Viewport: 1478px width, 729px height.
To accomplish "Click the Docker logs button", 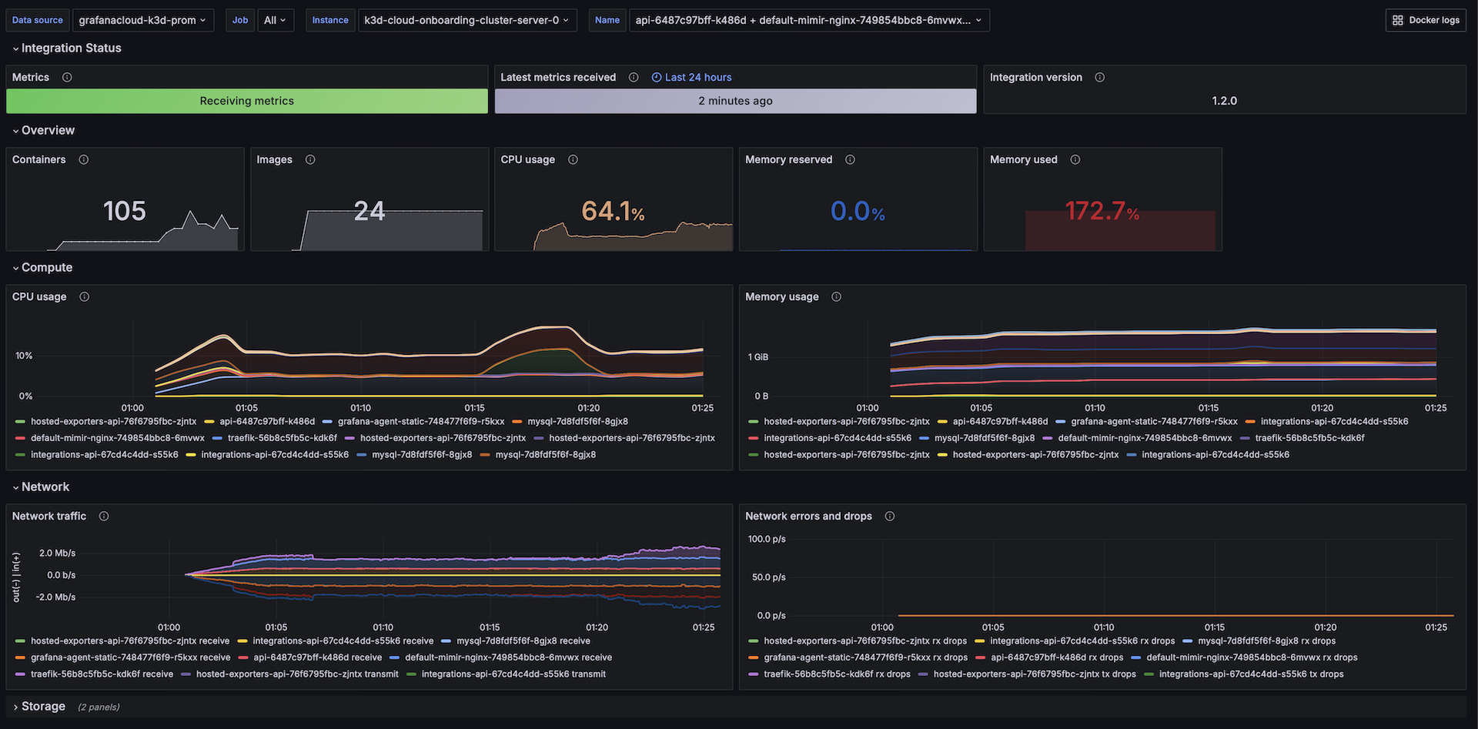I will coord(1426,20).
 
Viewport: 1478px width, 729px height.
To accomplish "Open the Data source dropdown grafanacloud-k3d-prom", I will coord(142,20).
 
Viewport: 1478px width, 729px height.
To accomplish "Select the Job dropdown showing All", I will coord(274,20).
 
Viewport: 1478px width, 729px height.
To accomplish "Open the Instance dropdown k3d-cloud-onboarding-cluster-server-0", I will coord(466,20).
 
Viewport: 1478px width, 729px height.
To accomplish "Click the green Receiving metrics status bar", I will coord(247,101).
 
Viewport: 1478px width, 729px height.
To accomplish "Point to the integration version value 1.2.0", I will coord(1224,101).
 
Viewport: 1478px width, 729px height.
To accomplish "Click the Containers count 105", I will coord(125,211).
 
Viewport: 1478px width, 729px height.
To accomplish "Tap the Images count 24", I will coord(369,211).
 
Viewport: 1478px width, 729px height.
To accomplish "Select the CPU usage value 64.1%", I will coord(613,211).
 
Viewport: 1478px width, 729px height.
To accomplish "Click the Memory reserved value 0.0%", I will coord(858,211).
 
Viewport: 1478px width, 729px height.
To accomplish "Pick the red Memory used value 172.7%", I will coord(1102,211).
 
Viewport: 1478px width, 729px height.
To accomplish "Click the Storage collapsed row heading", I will coord(43,707).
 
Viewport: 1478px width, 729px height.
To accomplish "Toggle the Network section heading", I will coord(45,487).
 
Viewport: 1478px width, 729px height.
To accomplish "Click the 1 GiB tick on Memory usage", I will coord(758,357).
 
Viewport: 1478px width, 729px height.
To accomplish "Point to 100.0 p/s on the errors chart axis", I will coord(767,540).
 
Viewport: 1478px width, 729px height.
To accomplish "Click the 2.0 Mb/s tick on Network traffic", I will coord(57,553).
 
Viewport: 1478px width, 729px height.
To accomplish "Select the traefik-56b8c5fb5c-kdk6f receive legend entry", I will coord(102,674).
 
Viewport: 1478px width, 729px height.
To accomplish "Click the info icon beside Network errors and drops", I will coord(890,517).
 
